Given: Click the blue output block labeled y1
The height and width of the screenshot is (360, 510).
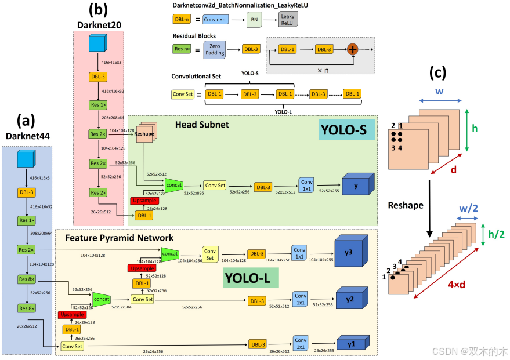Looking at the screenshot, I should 350,343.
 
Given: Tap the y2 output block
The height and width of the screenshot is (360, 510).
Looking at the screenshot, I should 350,299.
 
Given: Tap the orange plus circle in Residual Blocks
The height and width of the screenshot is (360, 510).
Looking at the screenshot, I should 352,50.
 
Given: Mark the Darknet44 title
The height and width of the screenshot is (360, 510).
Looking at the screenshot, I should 27,137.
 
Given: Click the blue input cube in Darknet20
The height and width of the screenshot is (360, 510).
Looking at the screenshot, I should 97,46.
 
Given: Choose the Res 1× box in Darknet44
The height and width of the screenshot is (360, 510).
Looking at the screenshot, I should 26,221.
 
